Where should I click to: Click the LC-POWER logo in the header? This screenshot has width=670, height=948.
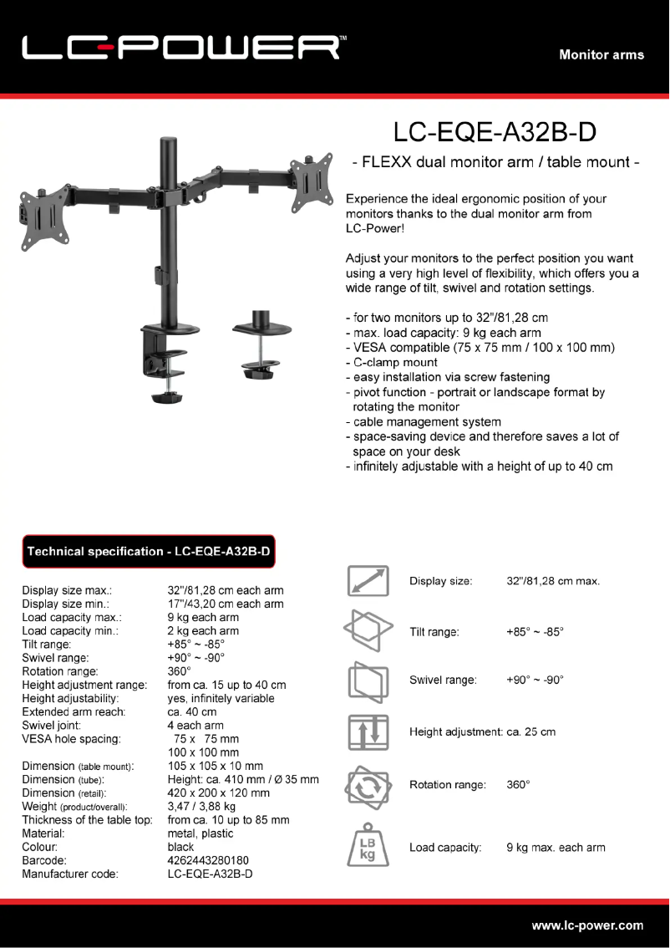click(181, 48)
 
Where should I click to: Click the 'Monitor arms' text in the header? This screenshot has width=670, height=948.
click(601, 54)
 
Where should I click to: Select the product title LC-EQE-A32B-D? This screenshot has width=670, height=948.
click(495, 132)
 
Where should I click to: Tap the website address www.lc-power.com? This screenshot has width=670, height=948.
click(587, 925)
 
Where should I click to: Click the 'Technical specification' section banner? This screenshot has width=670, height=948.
click(149, 551)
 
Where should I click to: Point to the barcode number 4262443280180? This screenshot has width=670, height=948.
click(208, 860)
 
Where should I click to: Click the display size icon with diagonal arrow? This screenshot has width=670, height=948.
click(368, 581)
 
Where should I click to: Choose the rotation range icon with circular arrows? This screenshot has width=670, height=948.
click(368, 785)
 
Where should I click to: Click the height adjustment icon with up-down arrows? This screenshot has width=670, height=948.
click(368, 731)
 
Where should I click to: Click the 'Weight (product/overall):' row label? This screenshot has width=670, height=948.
click(74, 807)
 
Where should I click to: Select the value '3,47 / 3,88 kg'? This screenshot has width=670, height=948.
click(201, 807)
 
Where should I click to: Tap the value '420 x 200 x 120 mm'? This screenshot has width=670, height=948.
click(218, 793)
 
